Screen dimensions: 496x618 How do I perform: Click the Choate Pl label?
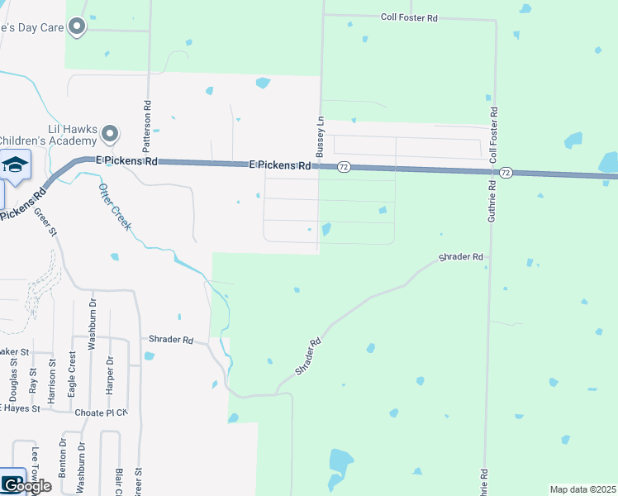point(101,413)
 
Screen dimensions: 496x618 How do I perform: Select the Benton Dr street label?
point(62,460)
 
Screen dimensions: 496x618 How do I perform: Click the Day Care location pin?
point(77,27)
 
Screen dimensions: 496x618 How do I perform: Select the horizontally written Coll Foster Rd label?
point(408,17)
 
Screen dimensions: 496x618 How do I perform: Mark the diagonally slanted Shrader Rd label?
point(304,355)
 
